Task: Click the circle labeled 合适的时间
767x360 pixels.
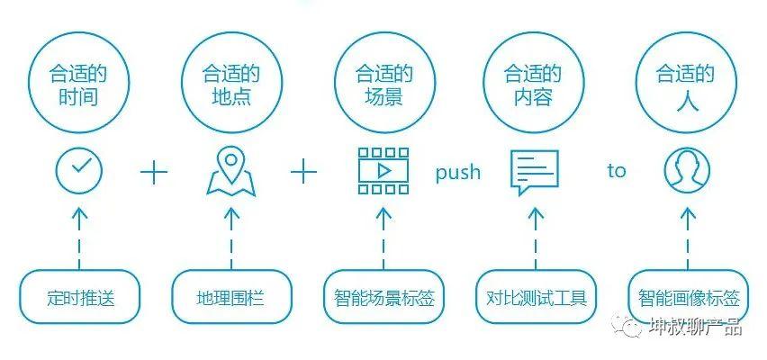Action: tap(79, 84)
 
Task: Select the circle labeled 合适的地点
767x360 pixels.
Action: tap(231, 84)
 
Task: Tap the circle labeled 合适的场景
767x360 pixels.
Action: tap(383, 84)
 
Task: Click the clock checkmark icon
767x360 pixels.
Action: tap(79, 171)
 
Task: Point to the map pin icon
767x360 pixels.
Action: tap(231, 171)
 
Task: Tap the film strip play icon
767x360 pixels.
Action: tap(383, 171)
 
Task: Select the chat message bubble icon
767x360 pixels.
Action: tap(535, 172)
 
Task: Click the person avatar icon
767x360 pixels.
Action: tap(687, 171)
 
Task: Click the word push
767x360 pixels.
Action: tap(458, 172)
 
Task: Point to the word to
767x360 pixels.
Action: tap(616, 171)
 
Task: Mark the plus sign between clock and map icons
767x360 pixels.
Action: tap(155, 172)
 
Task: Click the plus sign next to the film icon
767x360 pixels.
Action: tap(305, 172)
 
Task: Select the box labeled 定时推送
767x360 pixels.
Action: tap(80, 297)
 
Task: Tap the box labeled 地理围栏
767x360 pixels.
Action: tap(230, 297)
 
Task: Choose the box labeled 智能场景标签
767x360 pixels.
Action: tap(383, 297)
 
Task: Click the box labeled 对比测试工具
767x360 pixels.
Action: tap(536, 297)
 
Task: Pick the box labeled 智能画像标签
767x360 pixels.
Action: tap(689, 297)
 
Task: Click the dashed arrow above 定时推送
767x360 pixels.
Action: tap(79, 236)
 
